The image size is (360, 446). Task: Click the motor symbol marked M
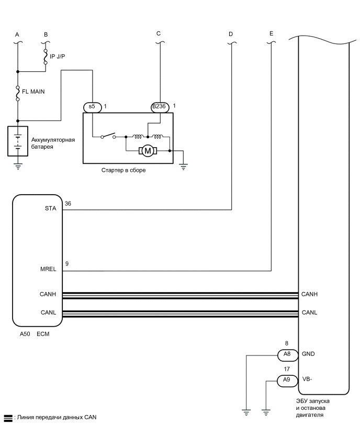(148, 151)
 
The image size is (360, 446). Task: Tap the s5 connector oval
(92, 106)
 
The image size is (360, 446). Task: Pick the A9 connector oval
(287, 381)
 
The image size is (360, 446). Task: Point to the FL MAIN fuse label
(34, 91)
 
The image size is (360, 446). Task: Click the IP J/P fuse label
(58, 56)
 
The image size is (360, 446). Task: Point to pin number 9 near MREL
(66, 264)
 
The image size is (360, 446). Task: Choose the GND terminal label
(309, 354)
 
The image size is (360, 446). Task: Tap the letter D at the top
(231, 34)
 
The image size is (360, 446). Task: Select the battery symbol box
(18, 141)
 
